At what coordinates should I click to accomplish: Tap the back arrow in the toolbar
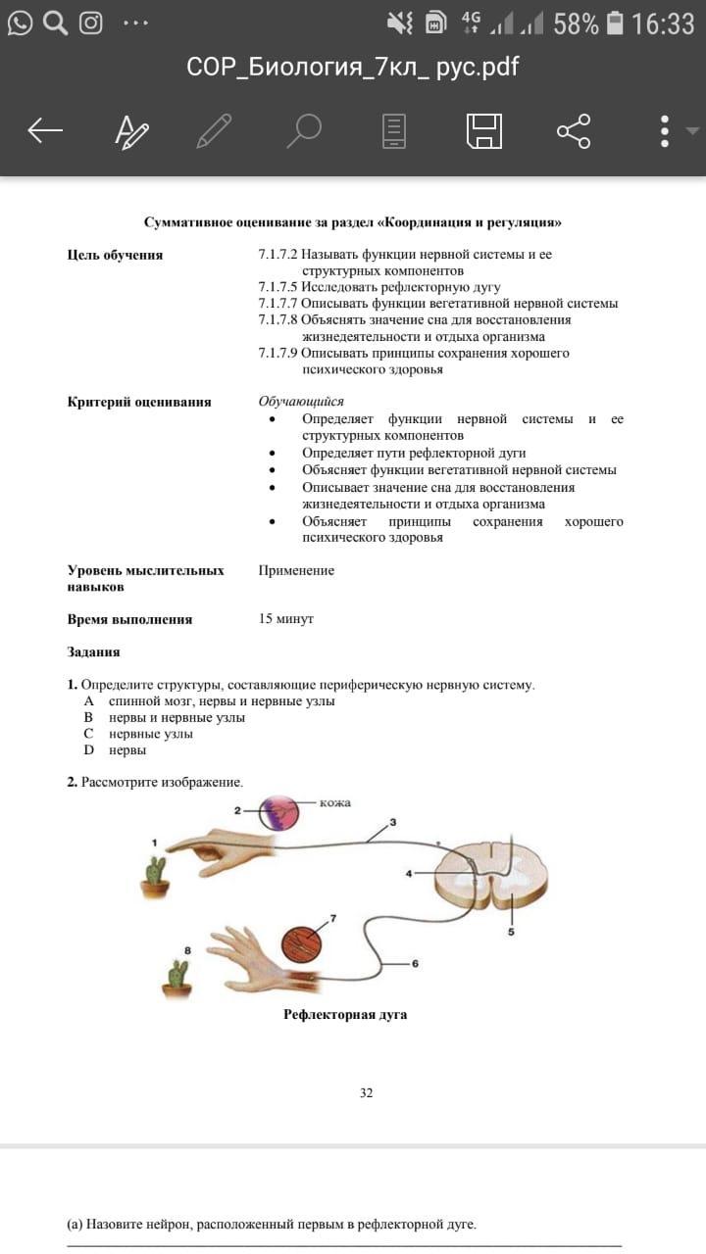45,130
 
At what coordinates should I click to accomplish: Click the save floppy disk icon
483,130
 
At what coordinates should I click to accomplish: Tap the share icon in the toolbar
574,130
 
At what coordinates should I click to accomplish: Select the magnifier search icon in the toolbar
304,130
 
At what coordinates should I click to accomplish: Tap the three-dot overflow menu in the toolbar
665,130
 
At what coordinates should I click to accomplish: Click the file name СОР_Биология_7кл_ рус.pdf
352,67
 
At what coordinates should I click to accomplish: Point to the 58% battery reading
576,24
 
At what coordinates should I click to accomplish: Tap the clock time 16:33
663,24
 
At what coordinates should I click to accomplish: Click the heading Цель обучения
115,256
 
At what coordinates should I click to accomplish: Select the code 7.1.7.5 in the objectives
278,287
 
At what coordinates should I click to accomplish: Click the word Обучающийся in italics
301,402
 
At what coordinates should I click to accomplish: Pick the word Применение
296,570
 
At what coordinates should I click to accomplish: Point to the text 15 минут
285,619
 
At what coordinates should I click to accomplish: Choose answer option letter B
88,717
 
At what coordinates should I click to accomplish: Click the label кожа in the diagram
334,803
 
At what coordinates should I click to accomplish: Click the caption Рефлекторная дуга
345,1015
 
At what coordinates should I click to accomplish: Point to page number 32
366,1092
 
